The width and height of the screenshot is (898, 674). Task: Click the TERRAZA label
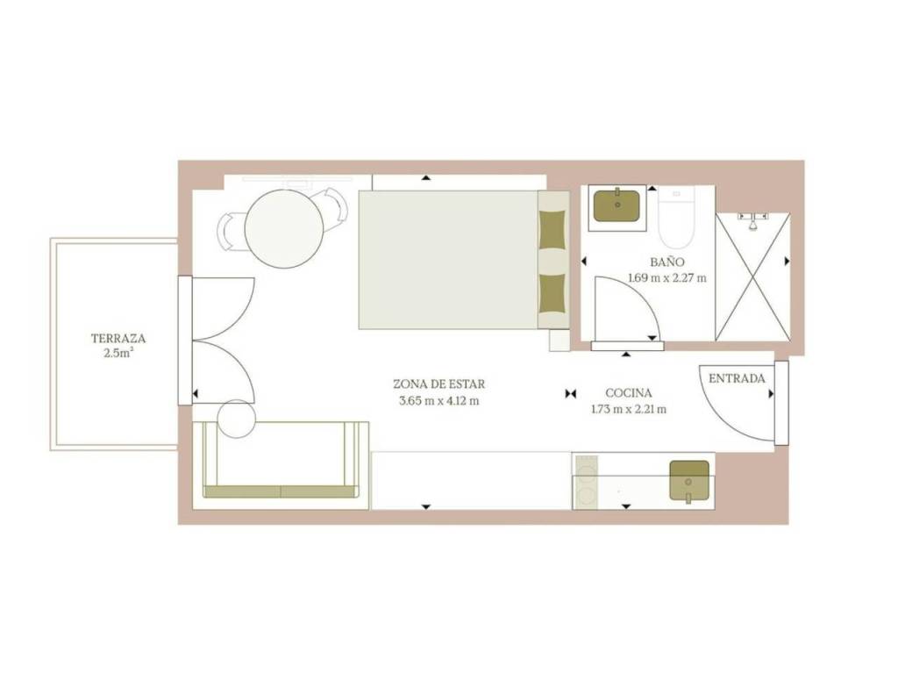(118, 338)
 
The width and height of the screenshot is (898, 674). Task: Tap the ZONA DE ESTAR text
(438, 384)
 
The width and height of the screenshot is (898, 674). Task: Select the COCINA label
(628, 393)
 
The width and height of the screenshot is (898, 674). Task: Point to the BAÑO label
(667, 262)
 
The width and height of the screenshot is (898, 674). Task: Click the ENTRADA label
(737, 379)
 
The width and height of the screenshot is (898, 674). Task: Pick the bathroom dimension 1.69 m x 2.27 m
(667, 278)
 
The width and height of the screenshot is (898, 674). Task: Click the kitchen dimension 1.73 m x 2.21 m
(628, 409)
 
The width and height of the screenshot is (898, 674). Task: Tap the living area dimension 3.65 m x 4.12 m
(438, 400)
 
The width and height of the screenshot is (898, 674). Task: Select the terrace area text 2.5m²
(118, 353)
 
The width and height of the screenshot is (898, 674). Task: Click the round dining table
(284, 229)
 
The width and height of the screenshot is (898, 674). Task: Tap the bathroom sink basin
(616, 205)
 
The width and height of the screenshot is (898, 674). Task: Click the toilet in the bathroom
(676, 217)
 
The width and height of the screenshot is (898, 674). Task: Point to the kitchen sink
(689, 480)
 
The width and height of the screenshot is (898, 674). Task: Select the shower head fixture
(753, 220)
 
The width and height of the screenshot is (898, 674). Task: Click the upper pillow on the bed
(552, 230)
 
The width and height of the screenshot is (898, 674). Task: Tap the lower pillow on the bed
(552, 293)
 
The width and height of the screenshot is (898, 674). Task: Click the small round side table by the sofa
(237, 419)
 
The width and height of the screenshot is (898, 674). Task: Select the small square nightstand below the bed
(559, 341)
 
